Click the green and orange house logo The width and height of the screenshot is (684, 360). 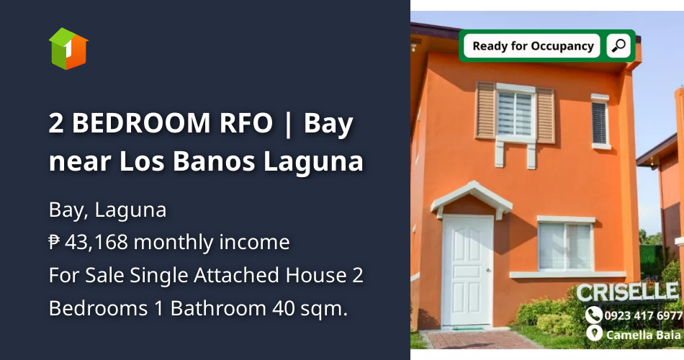pyautogui.click(x=68, y=48)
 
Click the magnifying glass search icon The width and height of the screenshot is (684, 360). pyautogui.click(x=618, y=46)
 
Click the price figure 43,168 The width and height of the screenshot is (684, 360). pyautogui.click(x=96, y=242)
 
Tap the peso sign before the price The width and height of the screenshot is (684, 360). pyautogui.click(x=55, y=243)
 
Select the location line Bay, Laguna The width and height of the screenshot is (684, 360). pyautogui.click(x=107, y=210)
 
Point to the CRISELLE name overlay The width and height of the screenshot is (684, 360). pyautogui.click(x=627, y=292)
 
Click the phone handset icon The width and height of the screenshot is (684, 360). pyautogui.click(x=593, y=315)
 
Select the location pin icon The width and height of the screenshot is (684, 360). pyautogui.click(x=593, y=333)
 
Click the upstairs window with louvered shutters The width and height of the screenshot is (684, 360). pyautogui.click(x=515, y=114)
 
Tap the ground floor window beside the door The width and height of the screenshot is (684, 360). pyautogui.click(x=566, y=246)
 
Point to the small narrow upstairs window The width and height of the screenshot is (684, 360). pyautogui.click(x=600, y=122)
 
